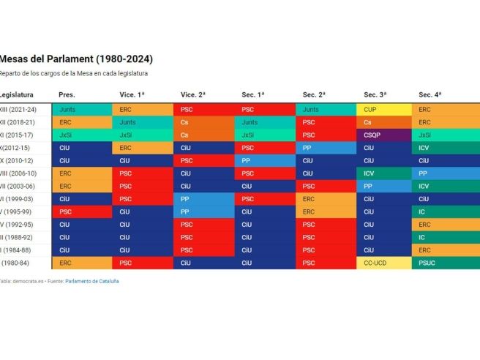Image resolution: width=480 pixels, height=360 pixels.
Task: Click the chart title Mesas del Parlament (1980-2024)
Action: click(x=76, y=59)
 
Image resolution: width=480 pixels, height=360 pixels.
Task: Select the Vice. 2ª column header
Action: click(x=193, y=95)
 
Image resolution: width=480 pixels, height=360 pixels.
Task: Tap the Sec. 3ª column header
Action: click(x=375, y=95)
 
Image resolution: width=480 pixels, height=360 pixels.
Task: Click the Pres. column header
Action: click(x=67, y=95)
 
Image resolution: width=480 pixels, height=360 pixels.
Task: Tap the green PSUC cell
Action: click(x=446, y=262)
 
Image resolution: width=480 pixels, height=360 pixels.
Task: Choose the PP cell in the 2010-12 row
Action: click(x=266, y=160)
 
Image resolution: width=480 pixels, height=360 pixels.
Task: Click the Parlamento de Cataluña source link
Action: click(x=91, y=281)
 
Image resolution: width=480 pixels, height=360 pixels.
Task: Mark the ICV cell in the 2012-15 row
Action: click(x=446, y=148)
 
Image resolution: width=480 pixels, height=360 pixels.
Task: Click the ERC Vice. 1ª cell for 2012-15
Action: click(x=144, y=148)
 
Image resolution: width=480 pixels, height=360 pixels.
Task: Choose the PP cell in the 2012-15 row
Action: click(x=326, y=148)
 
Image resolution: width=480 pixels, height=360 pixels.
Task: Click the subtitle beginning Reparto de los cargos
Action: click(x=73, y=74)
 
